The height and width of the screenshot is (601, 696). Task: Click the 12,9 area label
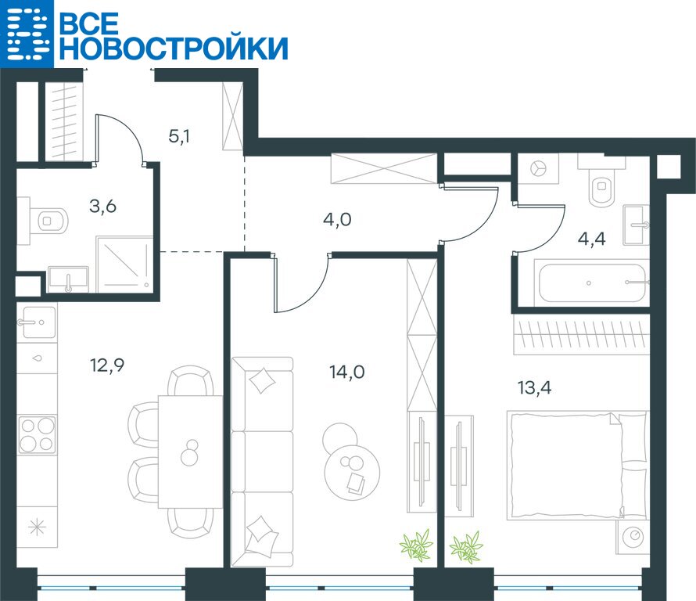click(107, 365)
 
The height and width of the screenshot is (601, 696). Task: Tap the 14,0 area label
click(347, 372)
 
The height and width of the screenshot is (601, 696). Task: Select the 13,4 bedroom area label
click(534, 388)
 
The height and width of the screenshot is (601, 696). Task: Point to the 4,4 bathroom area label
click(592, 239)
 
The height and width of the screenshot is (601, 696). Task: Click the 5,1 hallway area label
click(179, 136)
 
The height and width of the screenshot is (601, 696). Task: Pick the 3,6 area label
click(103, 206)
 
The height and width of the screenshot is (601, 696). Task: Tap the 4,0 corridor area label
click(337, 219)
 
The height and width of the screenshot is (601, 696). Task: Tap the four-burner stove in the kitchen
click(38, 435)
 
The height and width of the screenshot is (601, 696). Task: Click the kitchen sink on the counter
click(37, 322)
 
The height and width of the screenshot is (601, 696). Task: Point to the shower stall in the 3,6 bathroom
click(124, 265)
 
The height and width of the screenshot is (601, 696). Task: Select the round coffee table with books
click(353, 472)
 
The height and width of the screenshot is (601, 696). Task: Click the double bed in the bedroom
click(578, 465)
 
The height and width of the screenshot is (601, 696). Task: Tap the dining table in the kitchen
click(191, 452)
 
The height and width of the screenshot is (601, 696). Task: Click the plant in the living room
click(416, 545)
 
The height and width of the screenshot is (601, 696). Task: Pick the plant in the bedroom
click(466, 547)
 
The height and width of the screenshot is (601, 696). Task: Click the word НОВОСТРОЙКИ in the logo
click(174, 48)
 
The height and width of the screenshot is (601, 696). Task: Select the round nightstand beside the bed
click(633, 538)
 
